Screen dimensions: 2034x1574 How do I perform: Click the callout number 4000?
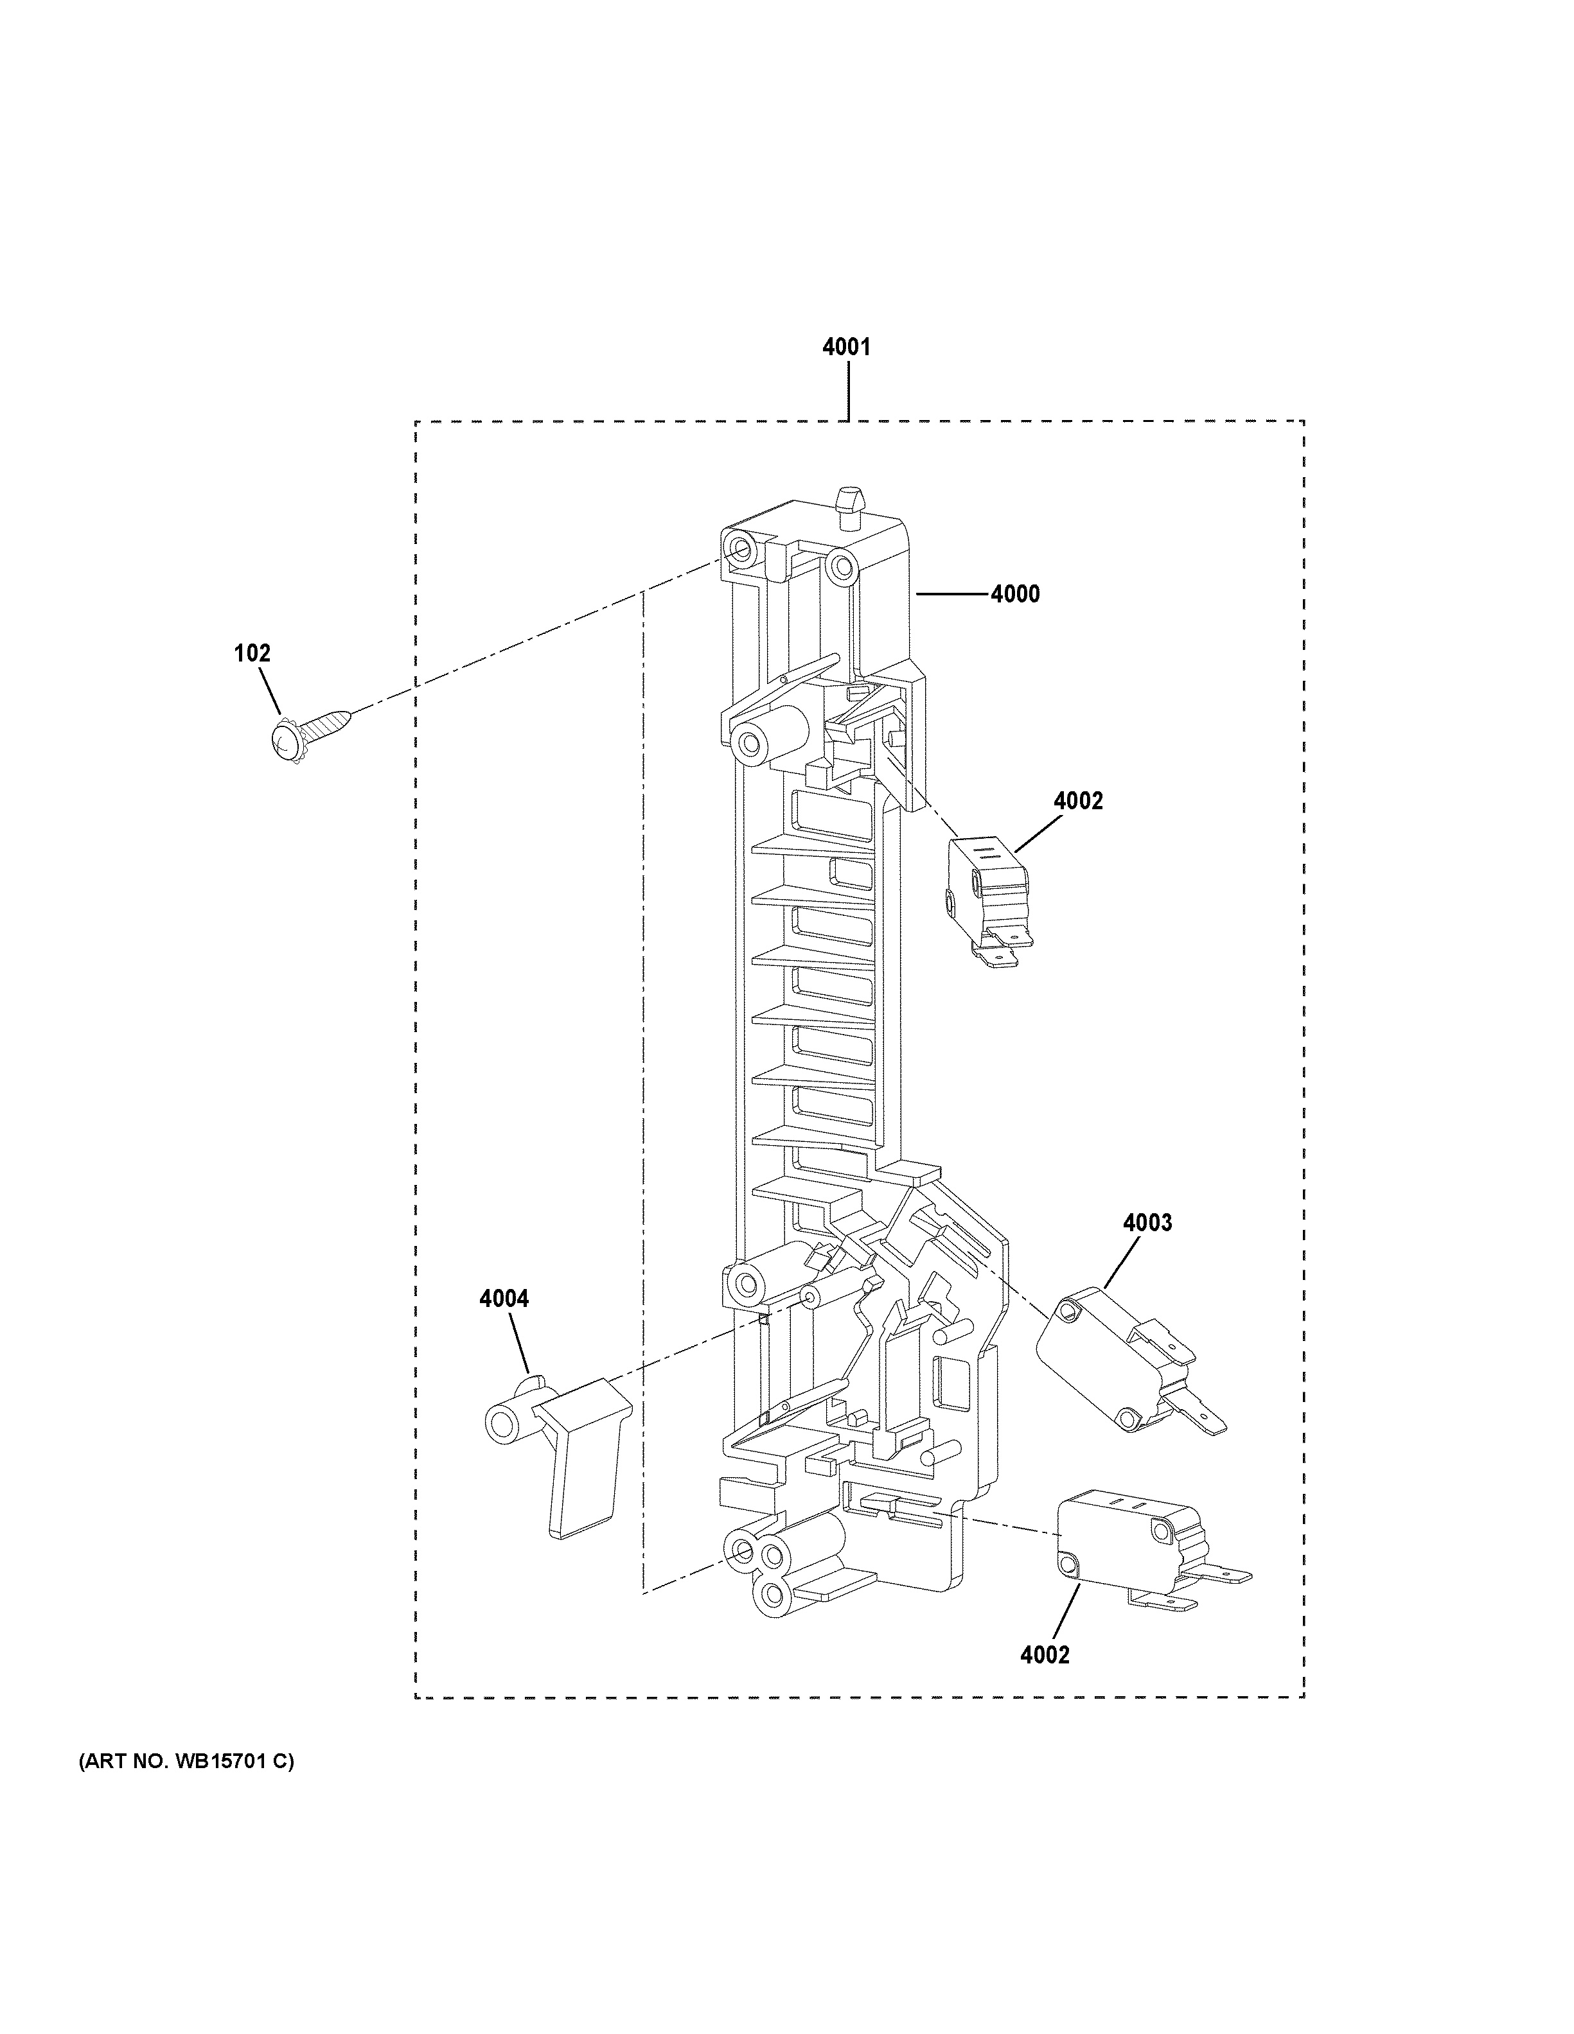coord(1014,593)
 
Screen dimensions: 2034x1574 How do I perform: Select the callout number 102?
coord(251,653)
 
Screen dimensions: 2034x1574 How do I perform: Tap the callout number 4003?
coord(1147,1222)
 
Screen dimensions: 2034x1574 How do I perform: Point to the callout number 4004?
coord(503,1297)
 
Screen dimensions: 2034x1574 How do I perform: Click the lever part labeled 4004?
coord(559,1453)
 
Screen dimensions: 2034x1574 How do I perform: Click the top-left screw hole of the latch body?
coord(742,550)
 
